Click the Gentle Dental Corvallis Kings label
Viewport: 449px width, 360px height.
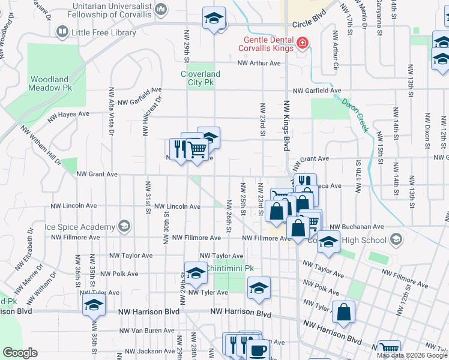pos(266,44)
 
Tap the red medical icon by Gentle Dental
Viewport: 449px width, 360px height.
pos(302,43)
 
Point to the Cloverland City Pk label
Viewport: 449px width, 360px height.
pos(200,78)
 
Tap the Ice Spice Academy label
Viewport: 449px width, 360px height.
pos(80,227)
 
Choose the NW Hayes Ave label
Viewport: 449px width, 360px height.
pos(73,113)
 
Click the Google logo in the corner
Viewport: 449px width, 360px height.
pos(20,353)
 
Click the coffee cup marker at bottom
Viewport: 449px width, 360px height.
pos(258,349)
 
